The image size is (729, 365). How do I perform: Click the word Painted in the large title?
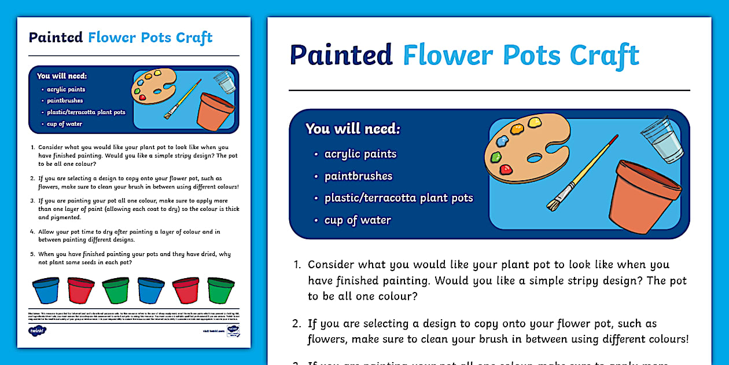pos(341,55)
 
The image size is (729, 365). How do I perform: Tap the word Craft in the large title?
pos(604,55)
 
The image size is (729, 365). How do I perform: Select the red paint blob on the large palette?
pos(506,169)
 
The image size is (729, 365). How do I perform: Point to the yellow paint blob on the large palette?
pos(533,122)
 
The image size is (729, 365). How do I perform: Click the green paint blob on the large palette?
pos(495,156)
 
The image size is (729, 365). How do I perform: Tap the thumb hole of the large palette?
pos(535,158)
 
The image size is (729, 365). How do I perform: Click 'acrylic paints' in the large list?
pos(360,154)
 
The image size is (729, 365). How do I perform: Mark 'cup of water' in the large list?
pos(358,220)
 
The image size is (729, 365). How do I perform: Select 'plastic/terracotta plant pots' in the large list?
pos(399,198)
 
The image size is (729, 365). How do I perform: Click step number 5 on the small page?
pos(33,254)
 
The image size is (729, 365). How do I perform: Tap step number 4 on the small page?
pos(33,232)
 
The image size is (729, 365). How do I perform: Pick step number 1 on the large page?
pos(298,265)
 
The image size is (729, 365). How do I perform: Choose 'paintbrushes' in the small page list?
pos(65,101)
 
